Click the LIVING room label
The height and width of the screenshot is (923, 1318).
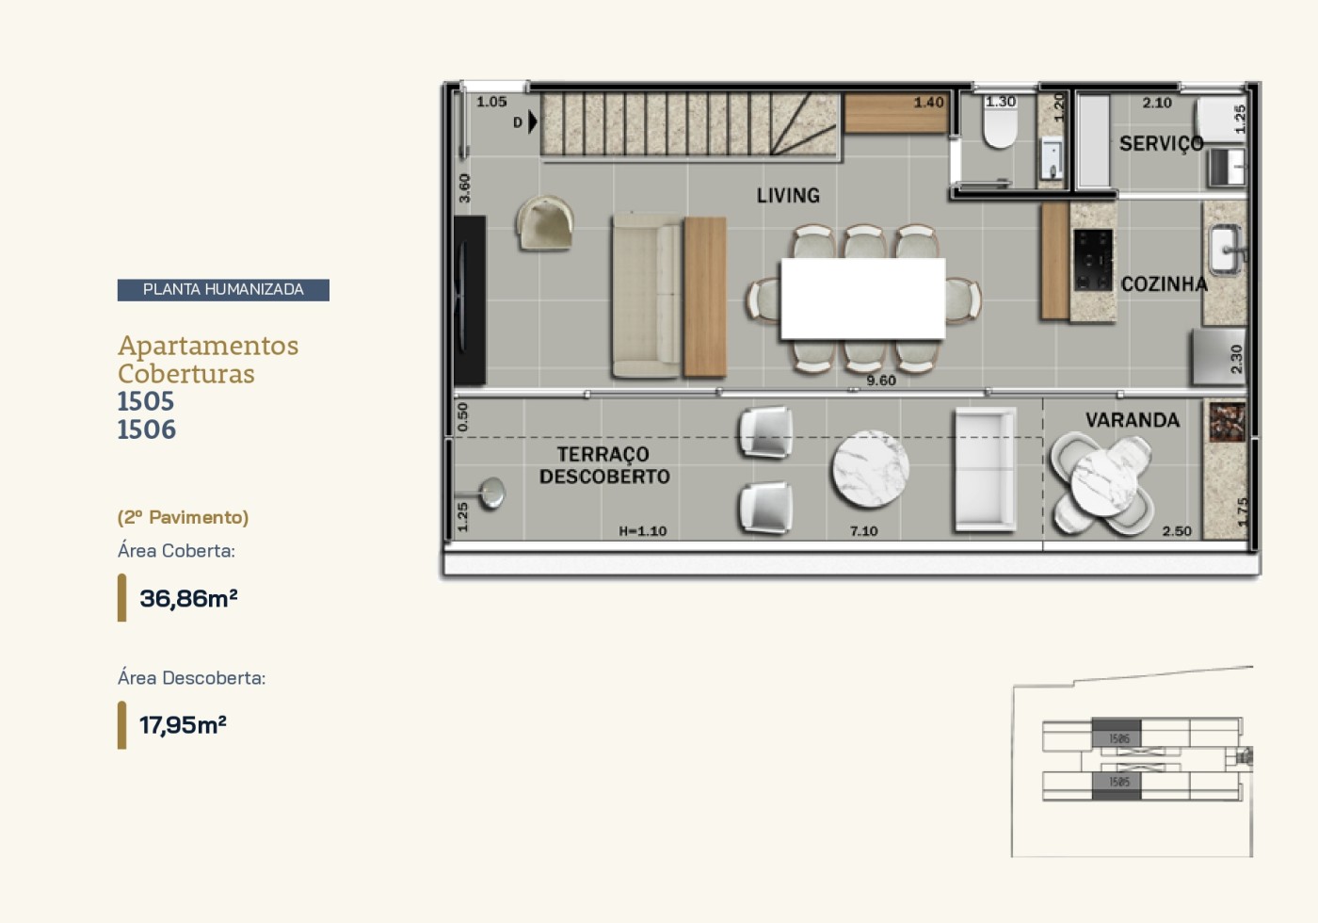tap(788, 195)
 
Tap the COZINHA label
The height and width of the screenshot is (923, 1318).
tap(1164, 283)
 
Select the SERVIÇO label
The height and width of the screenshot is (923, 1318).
tap(1161, 143)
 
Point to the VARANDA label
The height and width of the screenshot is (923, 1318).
tap(1132, 420)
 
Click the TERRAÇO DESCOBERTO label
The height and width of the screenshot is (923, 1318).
tap(603, 465)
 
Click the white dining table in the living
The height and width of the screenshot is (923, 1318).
tap(862, 299)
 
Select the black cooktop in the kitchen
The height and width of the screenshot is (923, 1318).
tap(1092, 259)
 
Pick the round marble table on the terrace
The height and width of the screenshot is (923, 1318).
tap(870, 468)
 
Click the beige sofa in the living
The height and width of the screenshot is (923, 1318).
tap(646, 296)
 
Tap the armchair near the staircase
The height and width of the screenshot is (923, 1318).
tap(545, 223)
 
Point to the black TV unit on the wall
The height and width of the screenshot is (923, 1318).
tap(470, 300)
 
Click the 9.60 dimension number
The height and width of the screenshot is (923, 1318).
tap(881, 381)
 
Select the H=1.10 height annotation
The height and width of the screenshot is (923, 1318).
tap(643, 531)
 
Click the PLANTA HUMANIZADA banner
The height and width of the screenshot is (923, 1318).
tap(223, 289)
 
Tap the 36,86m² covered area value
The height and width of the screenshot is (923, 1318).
tap(188, 598)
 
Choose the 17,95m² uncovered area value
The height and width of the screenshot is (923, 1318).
tap(183, 724)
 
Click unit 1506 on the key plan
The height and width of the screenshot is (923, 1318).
tap(1117, 738)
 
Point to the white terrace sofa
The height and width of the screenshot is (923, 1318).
tap(984, 469)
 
